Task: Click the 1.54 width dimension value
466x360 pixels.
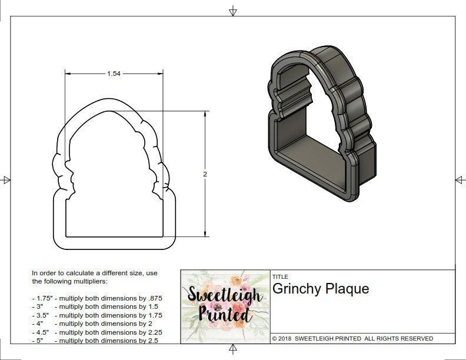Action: click(x=114, y=74)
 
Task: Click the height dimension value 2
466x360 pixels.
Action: click(x=205, y=174)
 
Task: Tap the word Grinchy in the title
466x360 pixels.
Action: click(x=295, y=289)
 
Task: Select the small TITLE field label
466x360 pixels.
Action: click(x=279, y=276)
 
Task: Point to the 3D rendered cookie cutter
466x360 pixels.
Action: click(x=322, y=126)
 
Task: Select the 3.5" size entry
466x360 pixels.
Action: click(x=41, y=315)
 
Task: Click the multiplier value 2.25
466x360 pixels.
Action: click(x=152, y=332)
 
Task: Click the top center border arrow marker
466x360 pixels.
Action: click(x=233, y=11)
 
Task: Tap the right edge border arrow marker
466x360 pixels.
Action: click(x=460, y=179)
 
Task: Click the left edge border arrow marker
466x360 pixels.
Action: click(x=6, y=179)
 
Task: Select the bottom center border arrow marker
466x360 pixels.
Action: click(x=233, y=351)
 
